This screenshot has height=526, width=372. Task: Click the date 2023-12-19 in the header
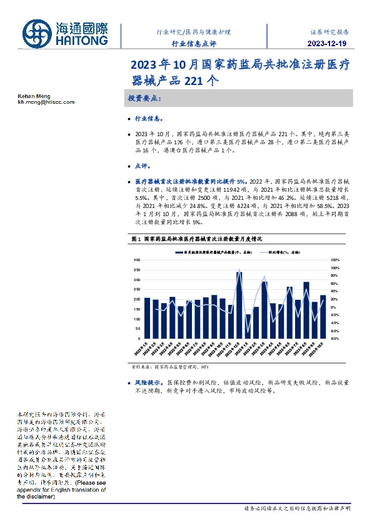point(327,43)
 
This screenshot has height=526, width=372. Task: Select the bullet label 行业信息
point(149,118)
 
